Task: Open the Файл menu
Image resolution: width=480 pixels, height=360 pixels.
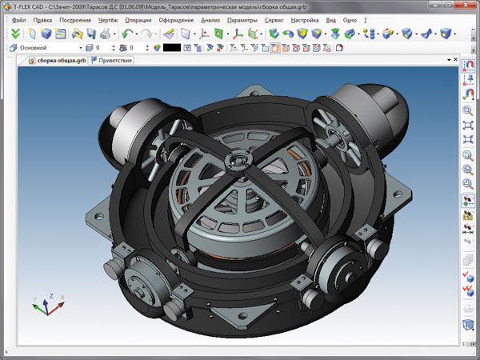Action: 18,20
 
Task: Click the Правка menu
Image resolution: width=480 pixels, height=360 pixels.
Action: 42,20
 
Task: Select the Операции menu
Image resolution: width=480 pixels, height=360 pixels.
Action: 138,20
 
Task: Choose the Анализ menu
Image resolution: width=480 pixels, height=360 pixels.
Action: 210,20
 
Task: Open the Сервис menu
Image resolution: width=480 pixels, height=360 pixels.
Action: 274,20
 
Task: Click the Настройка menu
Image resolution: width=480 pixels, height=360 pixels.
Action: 305,20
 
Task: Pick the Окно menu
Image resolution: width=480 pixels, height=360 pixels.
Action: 350,20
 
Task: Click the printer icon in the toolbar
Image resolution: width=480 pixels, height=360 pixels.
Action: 105,34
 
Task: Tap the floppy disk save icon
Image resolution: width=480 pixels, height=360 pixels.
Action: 91,34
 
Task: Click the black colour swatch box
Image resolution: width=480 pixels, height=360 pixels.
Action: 172,48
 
